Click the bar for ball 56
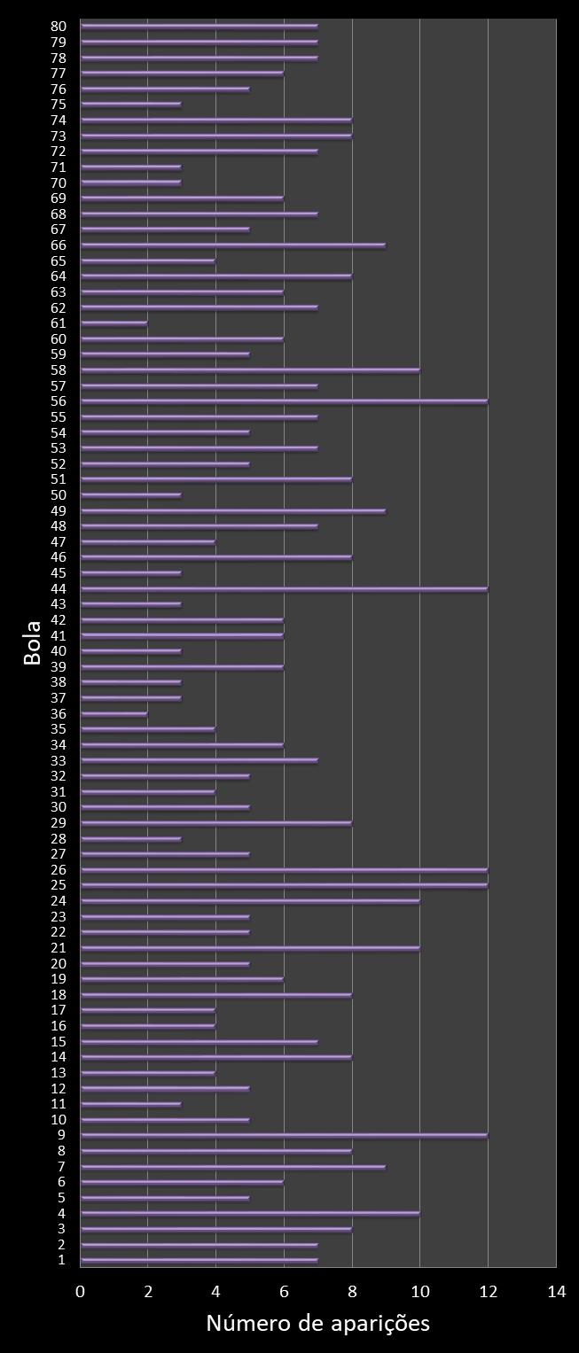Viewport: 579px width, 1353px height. click(x=284, y=401)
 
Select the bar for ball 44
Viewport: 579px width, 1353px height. click(x=284, y=588)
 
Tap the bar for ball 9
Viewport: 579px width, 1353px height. click(x=284, y=1135)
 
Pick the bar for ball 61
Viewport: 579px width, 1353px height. click(x=114, y=323)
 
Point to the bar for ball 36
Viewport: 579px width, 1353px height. click(x=114, y=713)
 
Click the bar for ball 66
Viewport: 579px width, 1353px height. click(x=232, y=245)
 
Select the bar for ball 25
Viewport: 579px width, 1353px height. click(x=284, y=885)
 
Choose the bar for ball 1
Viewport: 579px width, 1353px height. click(x=199, y=1260)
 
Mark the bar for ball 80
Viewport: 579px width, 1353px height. click(x=199, y=27)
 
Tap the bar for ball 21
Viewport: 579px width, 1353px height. click(x=250, y=948)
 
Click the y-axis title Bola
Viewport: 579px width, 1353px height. click(x=33, y=643)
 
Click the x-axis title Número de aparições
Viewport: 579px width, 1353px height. click(x=317, y=1323)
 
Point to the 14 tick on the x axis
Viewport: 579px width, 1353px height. click(x=556, y=1291)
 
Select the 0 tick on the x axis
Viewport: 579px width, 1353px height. click(x=81, y=1291)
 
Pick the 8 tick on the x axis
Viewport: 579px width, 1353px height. click(x=352, y=1291)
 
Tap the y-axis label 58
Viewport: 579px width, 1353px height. click(x=59, y=370)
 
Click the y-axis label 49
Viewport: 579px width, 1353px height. click(x=59, y=511)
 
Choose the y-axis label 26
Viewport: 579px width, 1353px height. click(x=59, y=870)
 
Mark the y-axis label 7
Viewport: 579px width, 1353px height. click(x=62, y=1166)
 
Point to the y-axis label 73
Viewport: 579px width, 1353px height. click(x=59, y=136)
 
